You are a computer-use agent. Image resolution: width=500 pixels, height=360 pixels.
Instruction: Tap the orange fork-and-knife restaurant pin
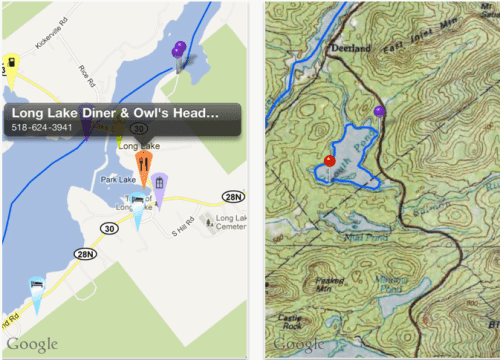[x=143, y=165]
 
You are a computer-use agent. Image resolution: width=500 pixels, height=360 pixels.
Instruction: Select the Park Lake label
[x=118, y=181]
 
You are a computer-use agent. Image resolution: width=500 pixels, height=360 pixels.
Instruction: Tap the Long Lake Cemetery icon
[x=205, y=218]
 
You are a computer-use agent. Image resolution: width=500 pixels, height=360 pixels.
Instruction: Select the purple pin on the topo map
[x=379, y=111]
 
